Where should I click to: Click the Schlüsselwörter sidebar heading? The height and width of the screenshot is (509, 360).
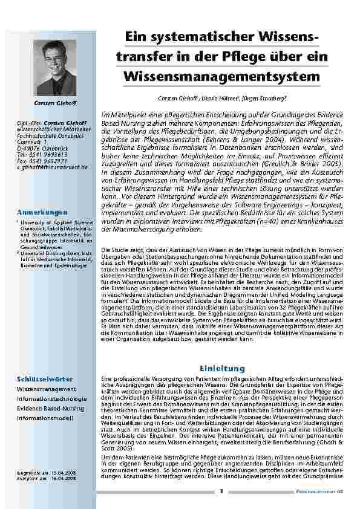(x=44, y=378)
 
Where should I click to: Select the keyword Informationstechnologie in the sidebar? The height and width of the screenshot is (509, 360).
(x=51, y=399)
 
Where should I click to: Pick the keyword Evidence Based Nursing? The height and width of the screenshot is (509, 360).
(x=51, y=409)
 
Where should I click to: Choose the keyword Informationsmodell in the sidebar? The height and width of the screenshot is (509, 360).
(x=45, y=418)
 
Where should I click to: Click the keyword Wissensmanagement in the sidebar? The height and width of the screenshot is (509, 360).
(x=47, y=389)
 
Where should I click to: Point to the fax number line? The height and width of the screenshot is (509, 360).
(x=42, y=160)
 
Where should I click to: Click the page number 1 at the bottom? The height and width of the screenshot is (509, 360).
(x=222, y=491)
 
